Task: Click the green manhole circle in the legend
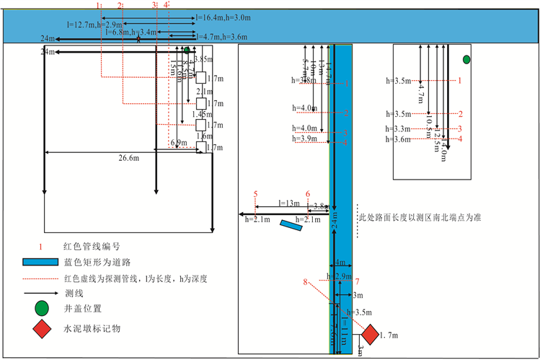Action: click(43, 309)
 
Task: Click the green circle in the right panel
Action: click(466, 58)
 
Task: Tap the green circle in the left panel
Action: click(186, 51)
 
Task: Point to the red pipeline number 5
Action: click(255, 194)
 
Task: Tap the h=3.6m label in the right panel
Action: click(398, 138)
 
